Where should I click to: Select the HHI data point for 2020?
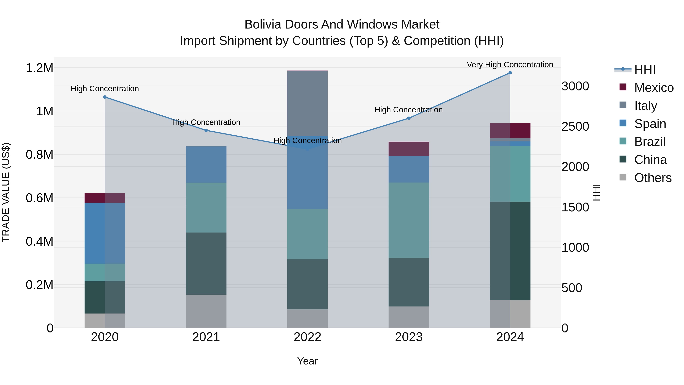pyautogui.click(x=105, y=97)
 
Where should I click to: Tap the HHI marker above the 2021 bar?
pyautogui.click(x=206, y=130)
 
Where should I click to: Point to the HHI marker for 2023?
pyautogui.click(x=409, y=118)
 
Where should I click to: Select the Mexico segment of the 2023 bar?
pyautogui.click(x=409, y=149)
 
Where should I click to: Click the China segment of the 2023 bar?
pyautogui.click(x=409, y=282)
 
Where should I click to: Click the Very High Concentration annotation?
pyautogui.click(x=510, y=65)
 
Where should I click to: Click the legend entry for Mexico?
pyautogui.click(x=654, y=88)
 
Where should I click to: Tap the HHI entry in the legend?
pyautogui.click(x=645, y=70)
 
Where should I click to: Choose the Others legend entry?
pyautogui.click(x=653, y=178)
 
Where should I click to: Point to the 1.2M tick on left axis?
pyautogui.click(x=39, y=68)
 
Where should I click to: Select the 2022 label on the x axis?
pyautogui.click(x=307, y=337)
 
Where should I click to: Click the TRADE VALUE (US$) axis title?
pyautogui.click(x=6, y=192)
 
